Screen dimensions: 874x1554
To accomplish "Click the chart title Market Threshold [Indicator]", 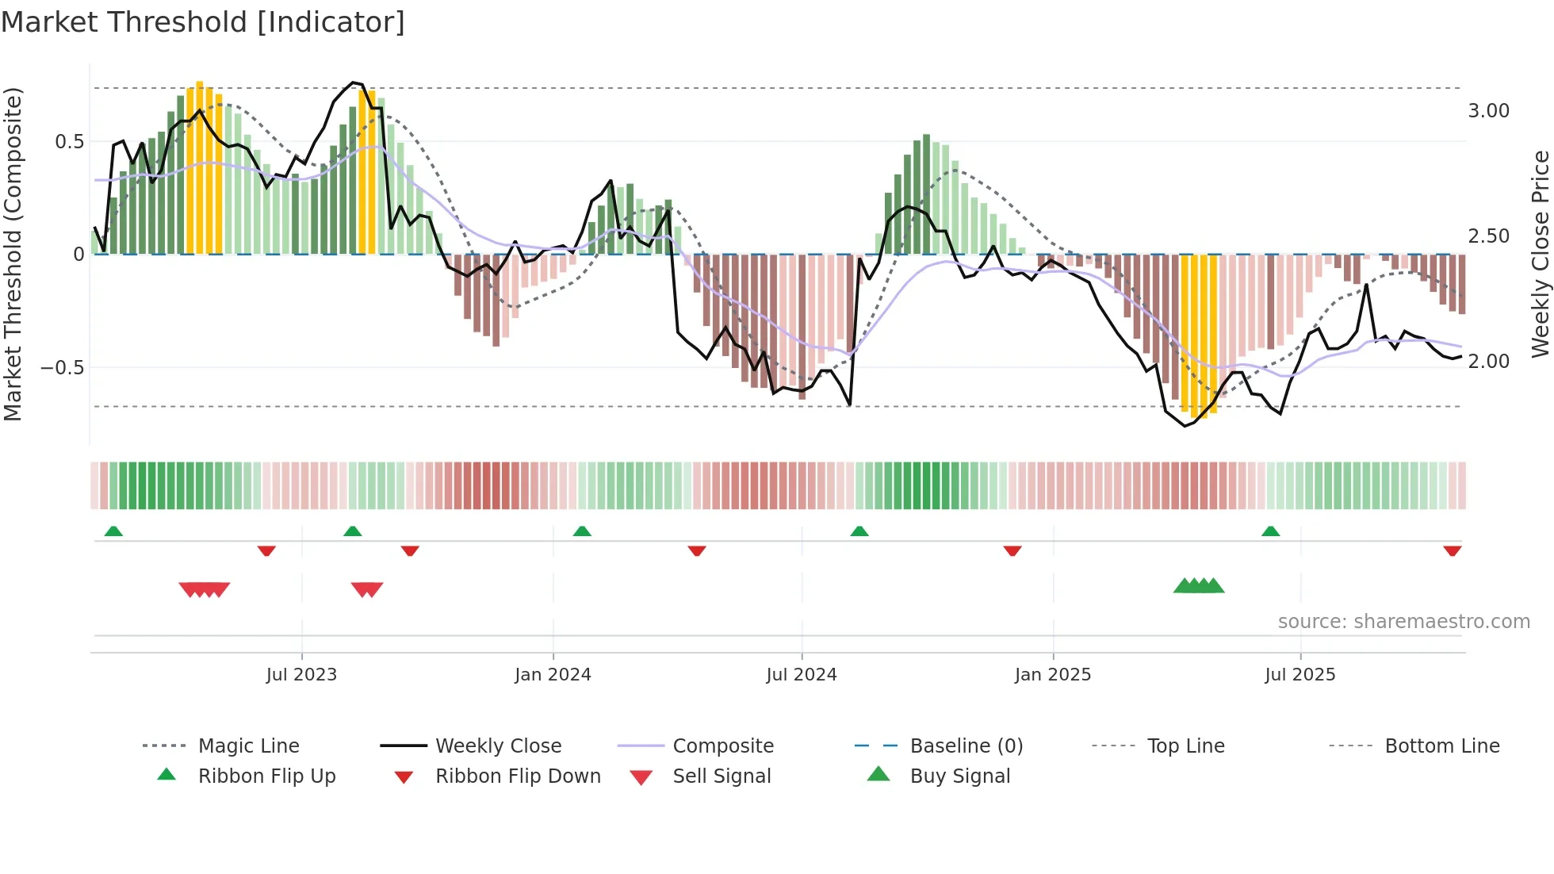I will (203, 22).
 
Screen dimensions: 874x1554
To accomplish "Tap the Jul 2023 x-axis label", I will (301, 675).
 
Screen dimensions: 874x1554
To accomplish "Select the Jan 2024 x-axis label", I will (553, 675).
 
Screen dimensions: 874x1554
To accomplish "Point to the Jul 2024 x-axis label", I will (802, 675).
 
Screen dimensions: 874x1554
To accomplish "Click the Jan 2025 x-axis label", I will (1053, 675).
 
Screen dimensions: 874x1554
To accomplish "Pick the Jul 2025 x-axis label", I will (1300, 675).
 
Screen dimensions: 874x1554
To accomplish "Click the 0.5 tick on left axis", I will (69, 142).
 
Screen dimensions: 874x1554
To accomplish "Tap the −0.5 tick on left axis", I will (63, 368).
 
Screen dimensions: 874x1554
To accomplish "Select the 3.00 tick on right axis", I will (1488, 111).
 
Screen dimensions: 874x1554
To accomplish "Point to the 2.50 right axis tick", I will (1488, 236).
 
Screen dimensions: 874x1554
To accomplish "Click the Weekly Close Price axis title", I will (1540, 254).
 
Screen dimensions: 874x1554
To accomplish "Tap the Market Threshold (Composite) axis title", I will (13, 254).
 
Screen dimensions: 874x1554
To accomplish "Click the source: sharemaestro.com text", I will (1403, 622).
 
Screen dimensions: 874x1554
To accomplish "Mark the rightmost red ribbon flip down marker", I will (1452, 550).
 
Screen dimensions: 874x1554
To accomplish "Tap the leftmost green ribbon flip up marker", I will (113, 531).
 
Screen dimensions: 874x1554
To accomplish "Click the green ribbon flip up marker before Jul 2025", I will (1270, 531).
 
